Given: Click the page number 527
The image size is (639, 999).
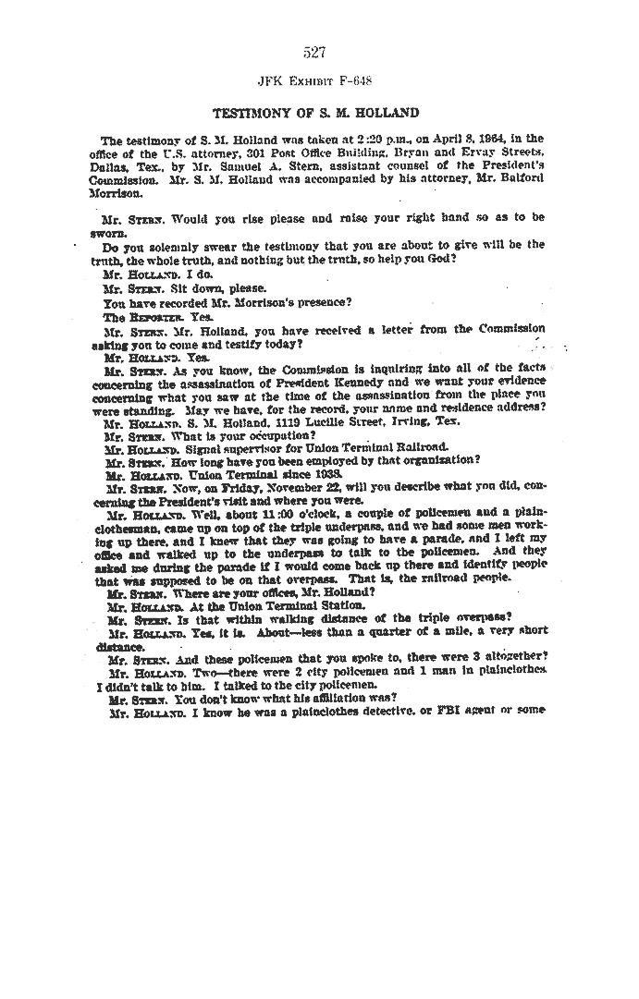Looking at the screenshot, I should [314, 53].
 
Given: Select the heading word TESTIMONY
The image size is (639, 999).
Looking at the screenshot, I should [249, 114].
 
